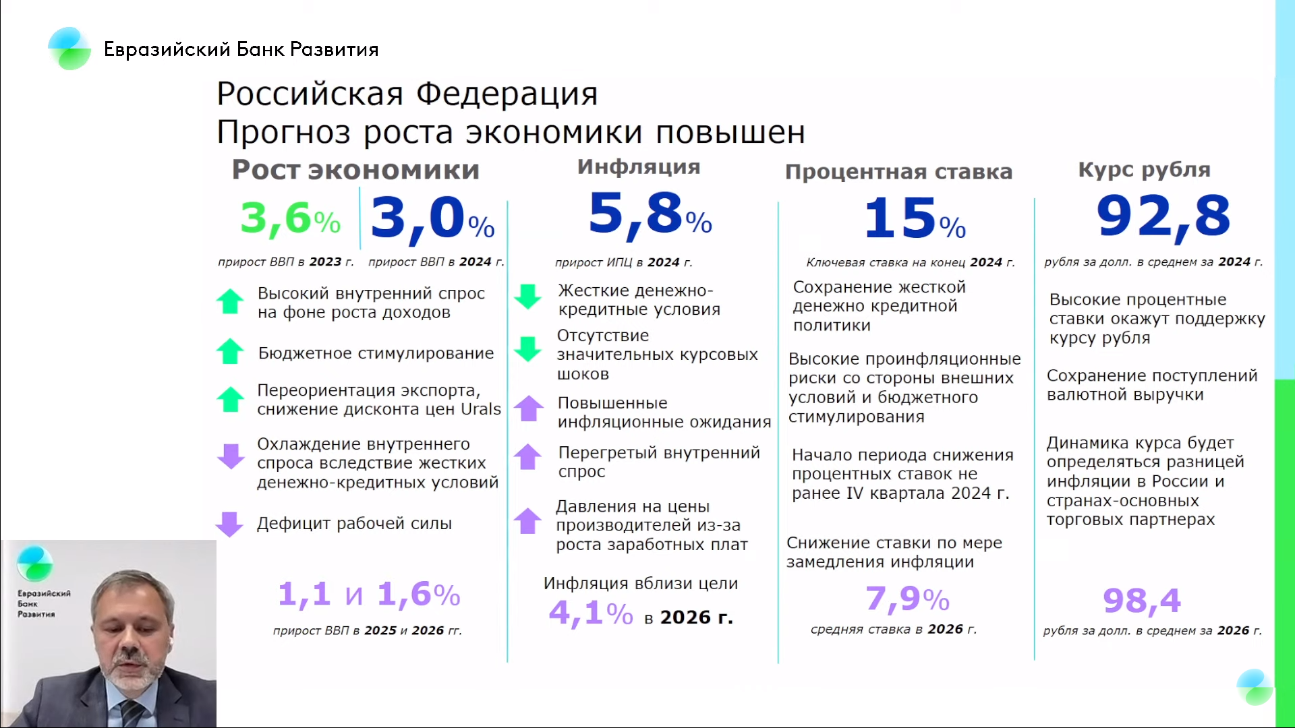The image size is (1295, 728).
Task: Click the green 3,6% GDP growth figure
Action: click(x=291, y=218)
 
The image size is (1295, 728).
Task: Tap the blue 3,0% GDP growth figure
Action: click(x=432, y=218)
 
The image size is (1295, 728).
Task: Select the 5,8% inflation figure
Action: click(x=650, y=214)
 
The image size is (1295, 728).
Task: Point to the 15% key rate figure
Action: click(x=915, y=218)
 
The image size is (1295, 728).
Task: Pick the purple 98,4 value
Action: click(x=1142, y=600)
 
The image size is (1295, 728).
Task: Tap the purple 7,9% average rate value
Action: click(x=907, y=599)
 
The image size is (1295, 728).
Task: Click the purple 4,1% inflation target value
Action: click(x=591, y=613)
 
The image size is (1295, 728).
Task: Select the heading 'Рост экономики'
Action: click(x=355, y=170)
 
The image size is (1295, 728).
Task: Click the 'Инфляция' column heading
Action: click(x=639, y=167)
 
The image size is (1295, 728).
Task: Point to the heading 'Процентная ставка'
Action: click(x=898, y=172)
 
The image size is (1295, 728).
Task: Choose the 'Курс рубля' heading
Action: click(x=1144, y=170)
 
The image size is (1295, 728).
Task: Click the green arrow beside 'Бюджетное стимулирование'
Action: click(x=230, y=351)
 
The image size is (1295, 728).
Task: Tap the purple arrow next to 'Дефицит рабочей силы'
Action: click(x=229, y=524)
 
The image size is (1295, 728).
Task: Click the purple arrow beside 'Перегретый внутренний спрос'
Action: click(x=528, y=456)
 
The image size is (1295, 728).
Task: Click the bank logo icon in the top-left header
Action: click(x=69, y=49)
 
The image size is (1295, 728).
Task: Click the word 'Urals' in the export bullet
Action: click(x=481, y=409)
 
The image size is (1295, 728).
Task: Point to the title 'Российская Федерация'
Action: click(x=407, y=94)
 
